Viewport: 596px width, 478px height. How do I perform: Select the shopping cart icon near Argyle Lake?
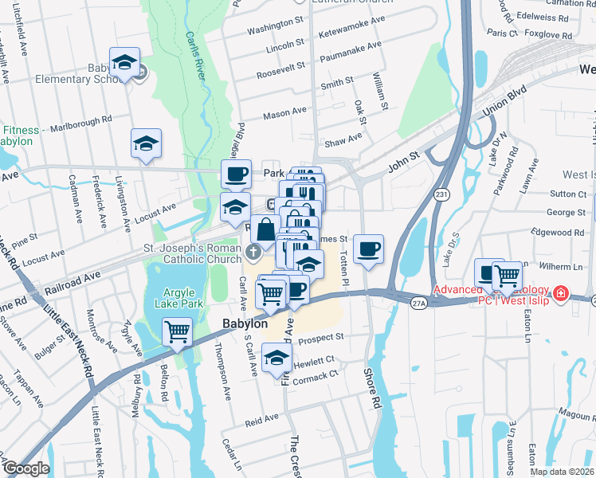pyautogui.click(x=177, y=331)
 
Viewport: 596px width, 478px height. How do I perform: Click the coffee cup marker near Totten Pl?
pyautogui.click(x=368, y=249)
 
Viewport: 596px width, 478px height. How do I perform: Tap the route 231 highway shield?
pyautogui.click(x=441, y=194)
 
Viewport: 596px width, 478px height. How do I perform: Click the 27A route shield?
pyautogui.click(x=419, y=303)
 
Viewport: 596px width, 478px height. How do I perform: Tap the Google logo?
pyautogui.click(x=26, y=468)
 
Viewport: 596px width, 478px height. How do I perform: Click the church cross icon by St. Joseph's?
pyautogui.click(x=253, y=254)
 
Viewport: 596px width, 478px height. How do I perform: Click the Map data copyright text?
pyautogui.click(x=563, y=472)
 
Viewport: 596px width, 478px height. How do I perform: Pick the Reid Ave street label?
pyautogui.click(x=262, y=417)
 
